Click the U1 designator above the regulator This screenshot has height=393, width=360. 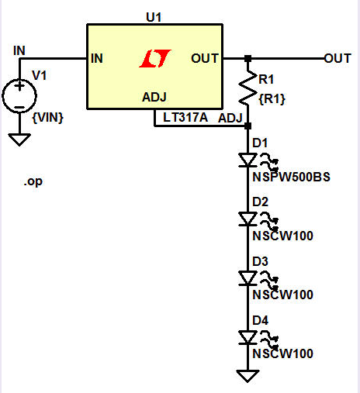[x=154, y=16]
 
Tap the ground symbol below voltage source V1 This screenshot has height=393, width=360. [x=20, y=140]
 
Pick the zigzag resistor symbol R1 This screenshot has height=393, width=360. [x=248, y=91]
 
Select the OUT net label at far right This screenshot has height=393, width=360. [x=337, y=58]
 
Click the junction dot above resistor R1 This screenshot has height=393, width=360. [x=247, y=58]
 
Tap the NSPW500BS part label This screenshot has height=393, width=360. [x=291, y=177]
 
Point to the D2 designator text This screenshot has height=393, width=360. [x=259, y=202]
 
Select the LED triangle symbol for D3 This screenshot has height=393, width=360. [x=247, y=278]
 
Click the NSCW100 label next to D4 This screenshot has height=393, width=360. [x=282, y=353]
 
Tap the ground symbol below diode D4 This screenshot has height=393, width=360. [x=247, y=376]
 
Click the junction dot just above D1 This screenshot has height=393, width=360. [x=247, y=124]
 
